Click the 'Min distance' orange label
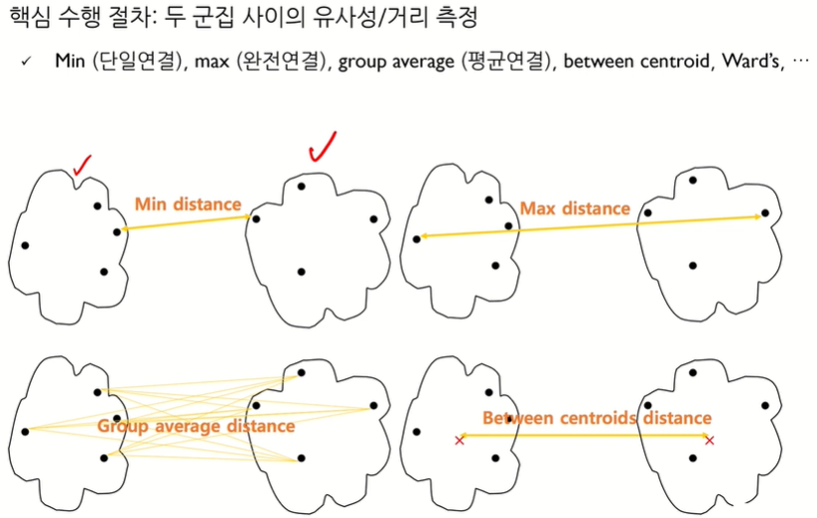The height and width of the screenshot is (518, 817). coord(188,205)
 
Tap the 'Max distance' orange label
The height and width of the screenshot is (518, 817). coord(575,209)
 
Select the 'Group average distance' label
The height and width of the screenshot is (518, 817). coord(196,426)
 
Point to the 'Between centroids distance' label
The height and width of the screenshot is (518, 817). coord(597,418)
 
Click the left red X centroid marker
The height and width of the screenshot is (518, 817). coord(459,439)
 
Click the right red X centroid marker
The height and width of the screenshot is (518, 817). coord(709,439)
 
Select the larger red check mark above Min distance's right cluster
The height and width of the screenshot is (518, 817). coord(323,148)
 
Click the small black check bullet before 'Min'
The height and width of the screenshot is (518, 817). coord(26,63)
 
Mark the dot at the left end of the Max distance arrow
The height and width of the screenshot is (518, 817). coord(417,238)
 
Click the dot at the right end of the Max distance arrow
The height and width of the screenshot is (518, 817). coord(764,213)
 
